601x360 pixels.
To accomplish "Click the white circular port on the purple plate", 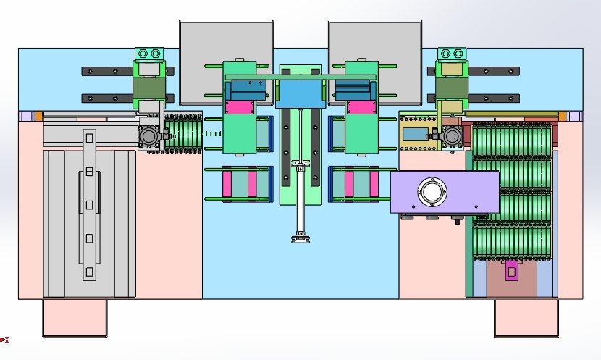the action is pyautogui.click(x=432, y=192).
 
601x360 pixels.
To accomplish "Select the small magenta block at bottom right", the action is pyautogui.click(x=511, y=271).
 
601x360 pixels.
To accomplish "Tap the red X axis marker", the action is pyautogui.click(x=4, y=339).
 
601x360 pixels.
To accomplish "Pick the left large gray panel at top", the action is pyautogui.click(x=226, y=62).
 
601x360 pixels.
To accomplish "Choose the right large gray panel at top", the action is pyautogui.click(x=375, y=62).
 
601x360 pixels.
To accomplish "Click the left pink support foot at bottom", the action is pyautogui.click(x=75, y=318).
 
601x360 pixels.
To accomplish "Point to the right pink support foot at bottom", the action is pyautogui.click(x=526, y=318).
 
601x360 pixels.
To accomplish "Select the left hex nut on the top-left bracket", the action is pyautogui.click(x=143, y=54).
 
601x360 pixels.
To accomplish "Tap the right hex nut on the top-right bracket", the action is pyautogui.click(x=458, y=54).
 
